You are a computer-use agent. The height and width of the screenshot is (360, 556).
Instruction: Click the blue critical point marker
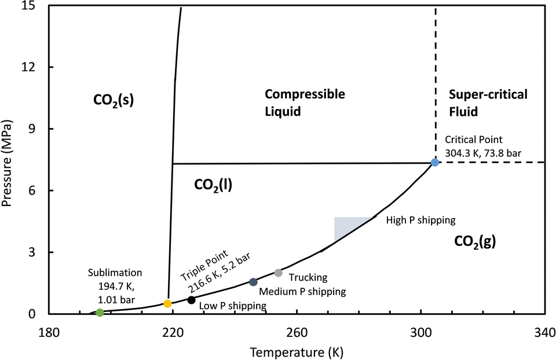(x=435, y=163)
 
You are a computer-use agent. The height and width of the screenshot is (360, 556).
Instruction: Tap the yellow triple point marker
(x=167, y=303)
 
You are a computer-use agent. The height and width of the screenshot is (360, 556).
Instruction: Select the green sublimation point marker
(x=100, y=313)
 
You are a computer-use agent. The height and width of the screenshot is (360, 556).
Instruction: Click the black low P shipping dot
(x=191, y=300)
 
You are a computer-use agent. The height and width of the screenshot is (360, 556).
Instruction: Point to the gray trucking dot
(x=278, y=273)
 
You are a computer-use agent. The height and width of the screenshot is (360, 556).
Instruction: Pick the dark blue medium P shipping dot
(x=253, y=282)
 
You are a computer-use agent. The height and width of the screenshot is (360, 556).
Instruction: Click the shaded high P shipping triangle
(x=345, y=226)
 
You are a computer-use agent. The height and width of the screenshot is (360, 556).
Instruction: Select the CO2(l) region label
(x=213, y=185)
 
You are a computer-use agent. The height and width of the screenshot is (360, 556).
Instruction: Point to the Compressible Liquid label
(x=305, y=102)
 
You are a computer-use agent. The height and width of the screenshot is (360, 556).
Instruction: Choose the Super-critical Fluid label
(x=488, y=102)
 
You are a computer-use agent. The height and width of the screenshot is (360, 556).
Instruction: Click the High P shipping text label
(x=421, y=220)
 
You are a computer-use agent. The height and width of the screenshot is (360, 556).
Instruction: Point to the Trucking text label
(x=308, y=278)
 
